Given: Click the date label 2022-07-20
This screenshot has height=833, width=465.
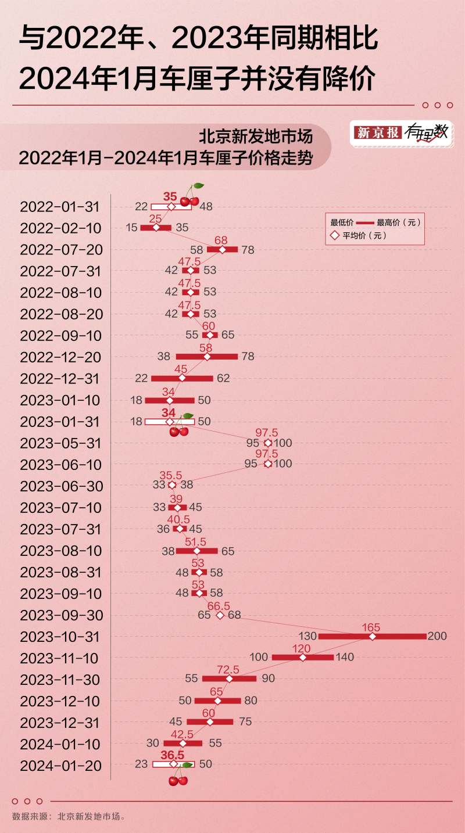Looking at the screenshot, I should pyautogui.click(x=61, y=250).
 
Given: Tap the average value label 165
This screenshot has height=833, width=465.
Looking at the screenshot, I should pyautogui.click(x=371, y=627).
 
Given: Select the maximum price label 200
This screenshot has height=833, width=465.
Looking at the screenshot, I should pyautogui.click(x=437, y=637).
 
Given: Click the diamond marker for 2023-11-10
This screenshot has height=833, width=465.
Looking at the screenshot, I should pyautogui.click(x=302, y=658).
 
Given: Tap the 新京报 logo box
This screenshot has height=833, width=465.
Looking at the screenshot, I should pyautogui.click(x=378, y=132).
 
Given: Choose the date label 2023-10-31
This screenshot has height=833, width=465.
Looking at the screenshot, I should pyautogui.click(x=61, y=637).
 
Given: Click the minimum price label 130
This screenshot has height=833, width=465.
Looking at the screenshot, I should pyautogui.click(x=307, y=637).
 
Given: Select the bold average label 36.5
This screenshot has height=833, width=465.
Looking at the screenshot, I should pyautogui.click(x=172, y=755).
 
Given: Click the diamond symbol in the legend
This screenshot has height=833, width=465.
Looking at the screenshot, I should pyautogui.click(x=334, y=236).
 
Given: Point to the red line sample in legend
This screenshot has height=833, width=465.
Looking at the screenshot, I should pyautogui.click(x=364, y=222).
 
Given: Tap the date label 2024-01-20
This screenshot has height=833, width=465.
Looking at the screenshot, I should pyautogui.click(x=61, y=766).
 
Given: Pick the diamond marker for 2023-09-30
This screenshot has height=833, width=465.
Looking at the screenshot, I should pyautogui.click(x=220, y=615).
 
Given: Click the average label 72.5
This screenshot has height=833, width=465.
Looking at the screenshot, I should pyautogui.click(x=228, y=670).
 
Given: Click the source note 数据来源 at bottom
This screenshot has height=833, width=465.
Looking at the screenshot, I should pyautogui.click(x=69, y=816).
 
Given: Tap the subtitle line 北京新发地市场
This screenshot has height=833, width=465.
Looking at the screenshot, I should pyautogui.click(x=256, y=137).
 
